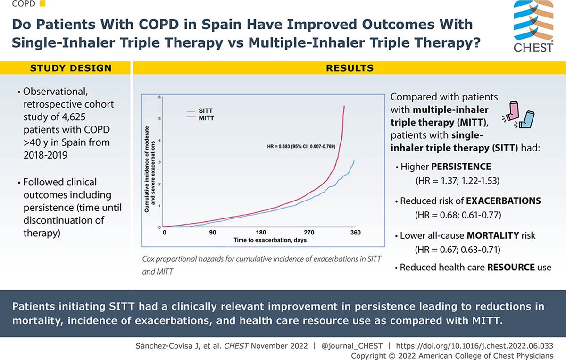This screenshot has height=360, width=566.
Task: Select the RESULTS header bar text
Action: tap(350, 68)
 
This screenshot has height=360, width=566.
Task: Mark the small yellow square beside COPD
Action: tap(43, 5)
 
